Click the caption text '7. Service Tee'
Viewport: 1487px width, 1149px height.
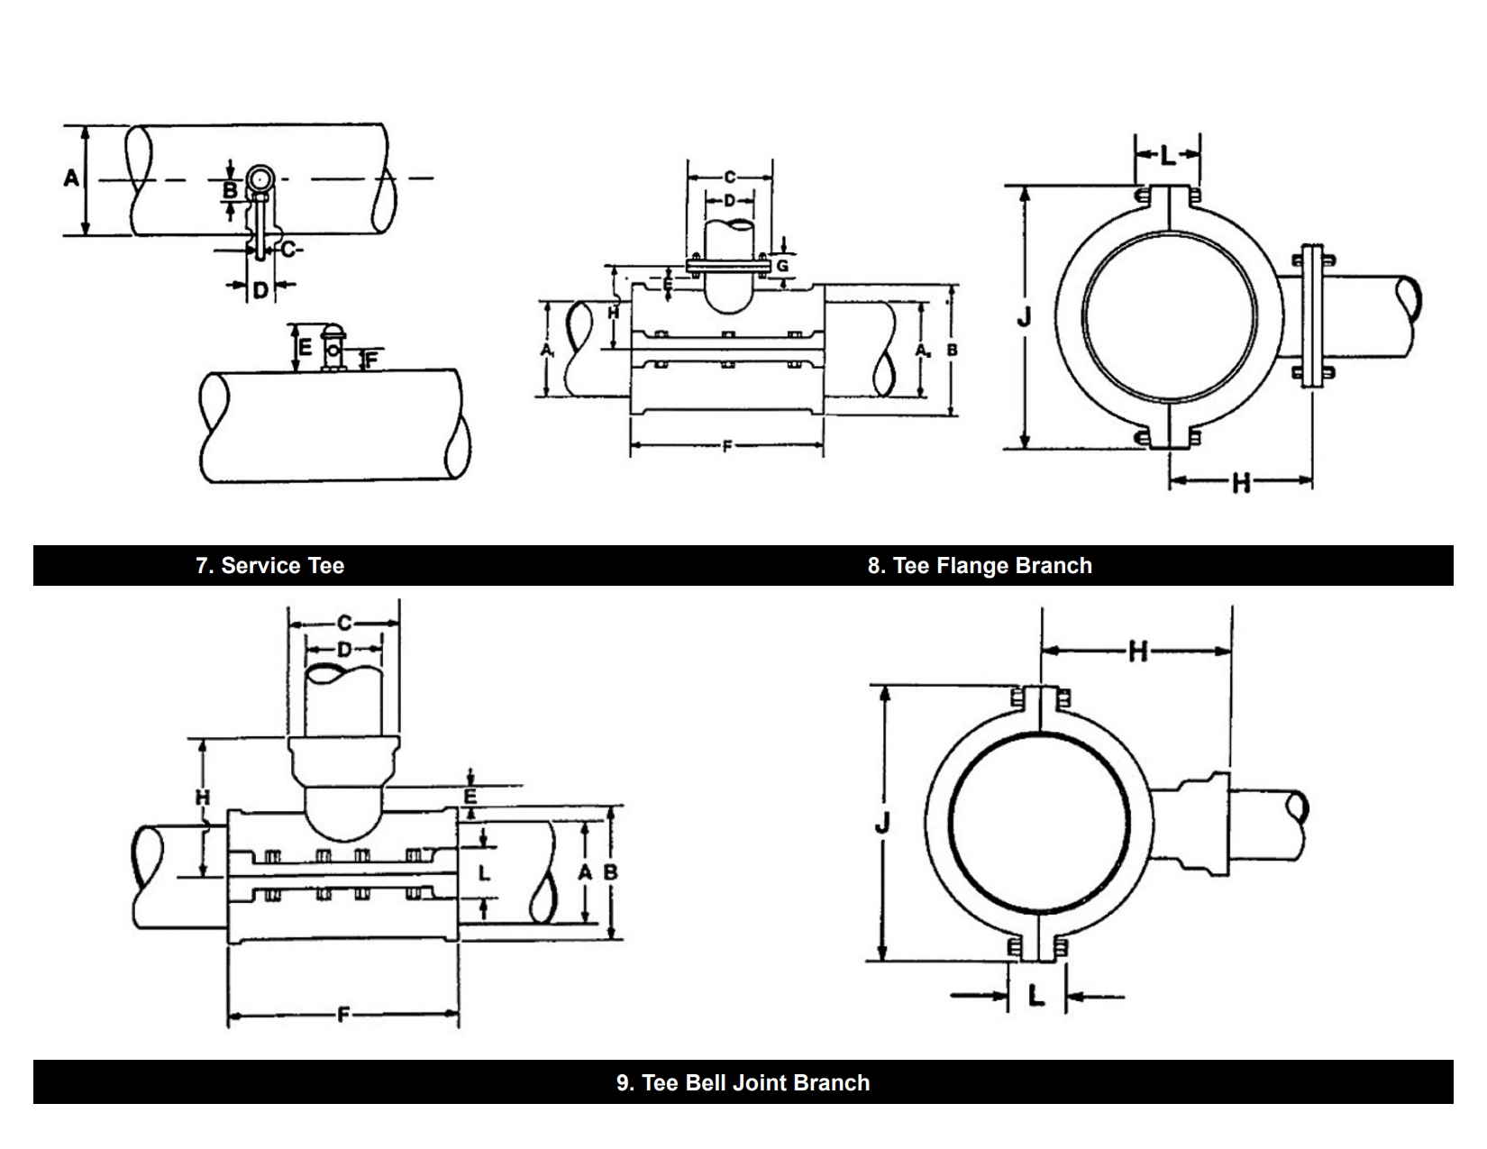pos(269,566)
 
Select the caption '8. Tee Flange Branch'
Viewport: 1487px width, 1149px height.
pos(980,566)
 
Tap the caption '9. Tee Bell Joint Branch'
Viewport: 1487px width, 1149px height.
pos(743,1082)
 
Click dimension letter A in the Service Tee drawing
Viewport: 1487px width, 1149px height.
pos(71,178)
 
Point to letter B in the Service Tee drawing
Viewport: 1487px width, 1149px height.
pos(231,190)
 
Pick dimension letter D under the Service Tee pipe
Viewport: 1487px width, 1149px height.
pos(260,290)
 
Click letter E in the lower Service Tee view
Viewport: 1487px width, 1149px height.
pos(305,347)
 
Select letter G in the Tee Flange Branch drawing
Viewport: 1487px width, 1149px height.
pos(782,266)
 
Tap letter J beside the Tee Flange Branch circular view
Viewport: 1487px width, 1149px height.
pos(1024,317)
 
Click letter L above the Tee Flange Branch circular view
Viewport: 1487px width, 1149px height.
pos(1168,156)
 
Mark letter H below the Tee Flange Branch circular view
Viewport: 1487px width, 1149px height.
pos(1241,483)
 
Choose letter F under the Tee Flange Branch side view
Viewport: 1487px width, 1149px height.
pos(726,447)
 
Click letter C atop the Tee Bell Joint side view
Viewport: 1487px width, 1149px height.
pos(343,623)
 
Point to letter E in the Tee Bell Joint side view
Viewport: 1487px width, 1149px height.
pos(470,797)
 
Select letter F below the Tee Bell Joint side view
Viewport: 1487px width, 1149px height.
pos(343,1017)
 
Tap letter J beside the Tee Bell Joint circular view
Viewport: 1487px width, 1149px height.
pos(883,822)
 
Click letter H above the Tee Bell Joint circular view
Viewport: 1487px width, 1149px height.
pos(1137,651)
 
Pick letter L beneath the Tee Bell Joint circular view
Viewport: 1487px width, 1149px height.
pos(1036,996)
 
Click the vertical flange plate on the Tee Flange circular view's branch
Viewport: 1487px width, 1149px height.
pos(1313,315)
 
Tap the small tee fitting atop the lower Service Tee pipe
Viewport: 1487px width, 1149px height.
pos(333,350)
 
